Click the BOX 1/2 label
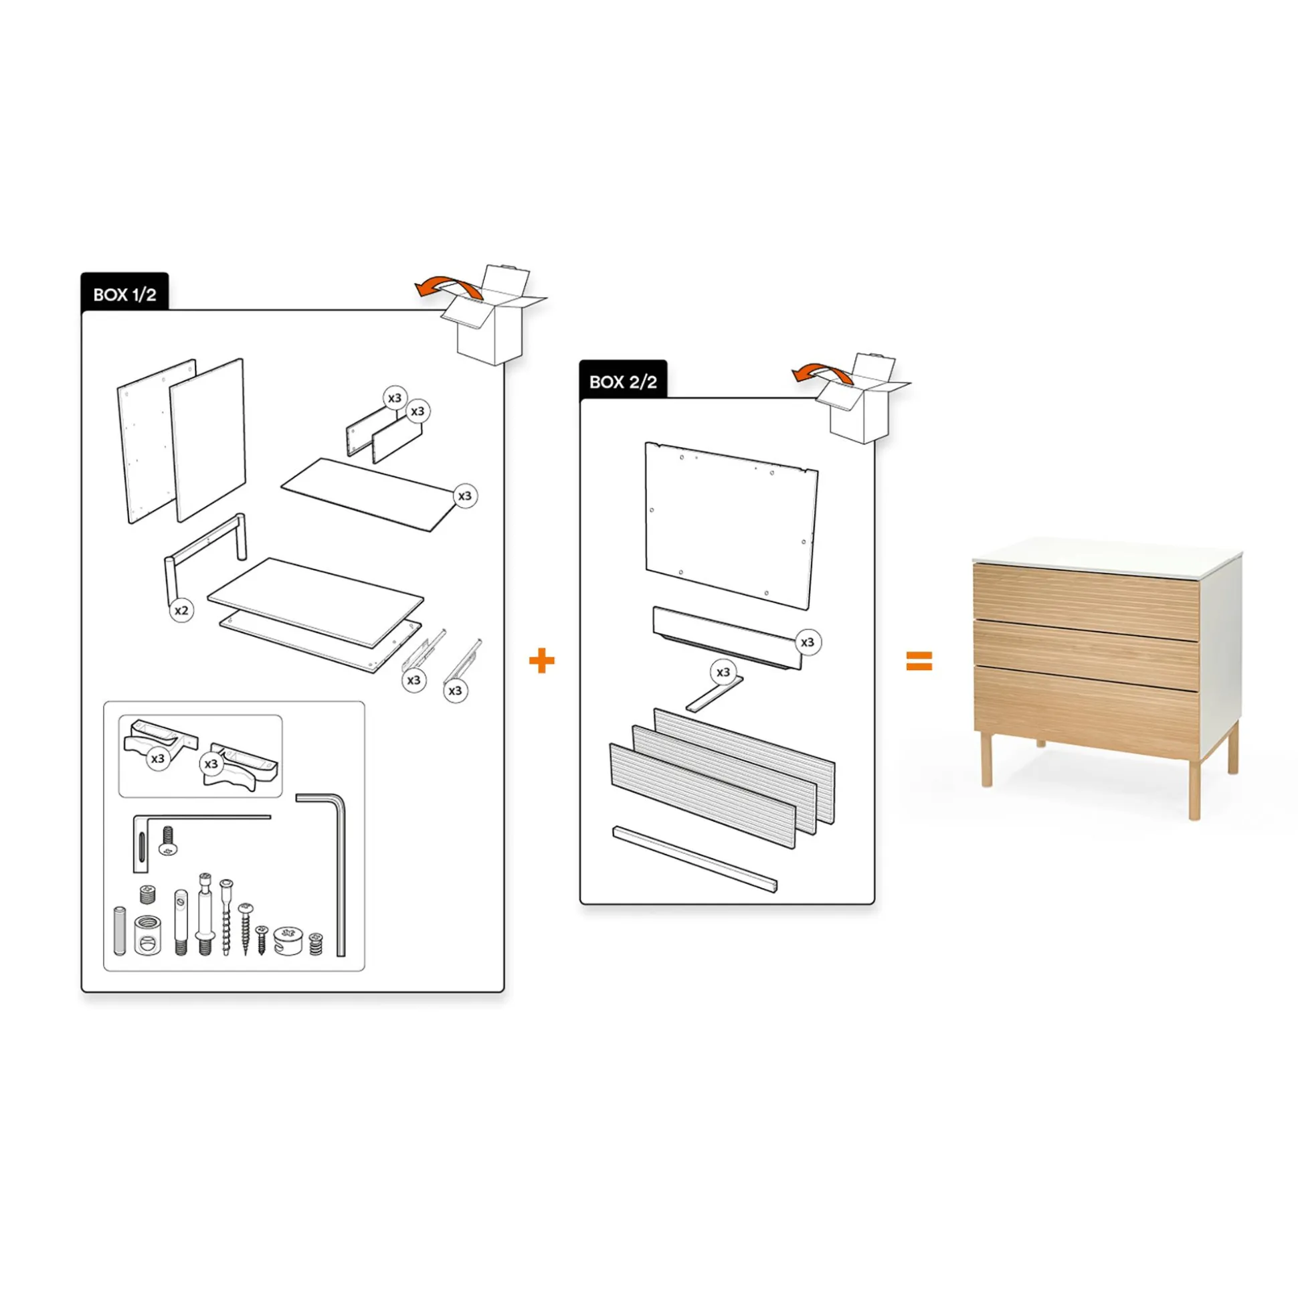[124, 294]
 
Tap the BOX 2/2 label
[623, 382]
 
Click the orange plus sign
[542, 661]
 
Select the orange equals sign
[919, 661]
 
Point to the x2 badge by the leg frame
[181, 610]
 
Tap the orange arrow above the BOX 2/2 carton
[820, 373]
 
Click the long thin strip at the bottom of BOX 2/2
[695, 859]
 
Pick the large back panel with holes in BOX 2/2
[731, 526]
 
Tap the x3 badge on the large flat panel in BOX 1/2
[465, 496]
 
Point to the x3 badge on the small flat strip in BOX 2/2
[723, 672]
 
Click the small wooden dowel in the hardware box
[120, 930]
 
